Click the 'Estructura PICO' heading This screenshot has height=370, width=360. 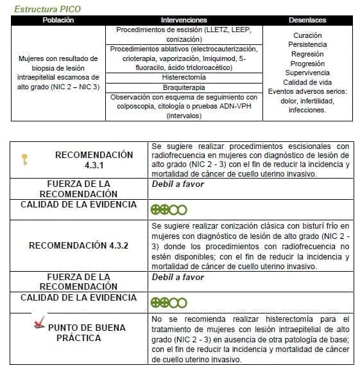47,10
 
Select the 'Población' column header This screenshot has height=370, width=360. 58,21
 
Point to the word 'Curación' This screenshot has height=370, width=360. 307,35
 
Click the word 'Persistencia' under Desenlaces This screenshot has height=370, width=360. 307,45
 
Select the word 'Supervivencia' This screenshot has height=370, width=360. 307,73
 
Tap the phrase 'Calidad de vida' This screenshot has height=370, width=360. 307,82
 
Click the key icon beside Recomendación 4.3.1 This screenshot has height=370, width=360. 24,159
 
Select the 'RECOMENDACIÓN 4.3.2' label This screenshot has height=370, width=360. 78,245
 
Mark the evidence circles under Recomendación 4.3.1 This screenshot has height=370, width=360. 168,209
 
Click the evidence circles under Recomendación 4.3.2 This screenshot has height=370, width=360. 168,303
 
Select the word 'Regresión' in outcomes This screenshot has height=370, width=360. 307,54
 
